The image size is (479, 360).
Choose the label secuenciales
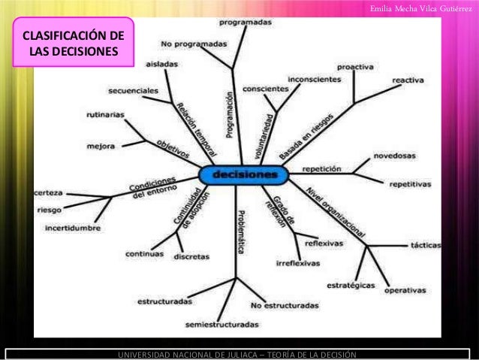[x=133, y=90]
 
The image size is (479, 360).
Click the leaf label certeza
[x=48, y=193]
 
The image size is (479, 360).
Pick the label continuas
[x=144, y=253]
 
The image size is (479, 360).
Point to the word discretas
[x=191, y=256]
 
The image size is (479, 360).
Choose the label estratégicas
[x=351, y=285]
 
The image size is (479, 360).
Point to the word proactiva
[x=355, y=67]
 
